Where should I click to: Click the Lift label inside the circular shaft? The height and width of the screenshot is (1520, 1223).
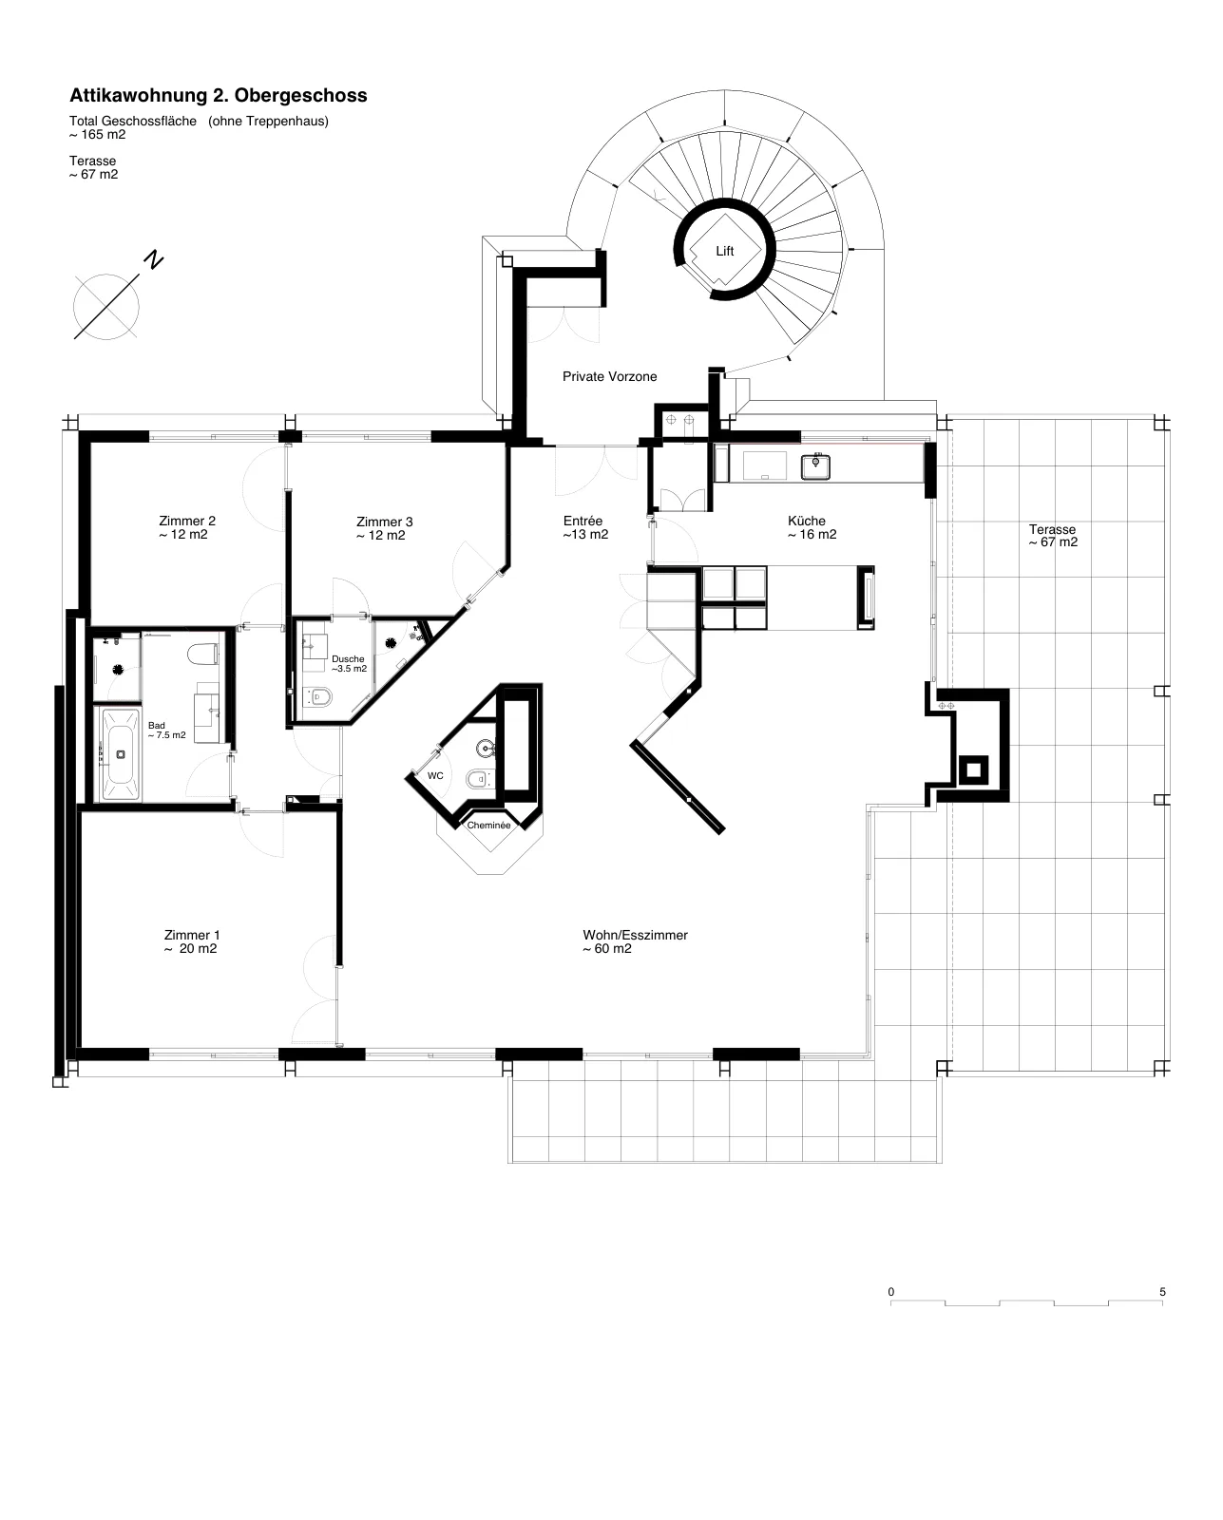point(724,251)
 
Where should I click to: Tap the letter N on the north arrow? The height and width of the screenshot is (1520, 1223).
point(153,259)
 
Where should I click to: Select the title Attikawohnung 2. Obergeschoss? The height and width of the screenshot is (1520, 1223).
point(219,95)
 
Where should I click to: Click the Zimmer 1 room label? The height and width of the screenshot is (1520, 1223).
point(191,941)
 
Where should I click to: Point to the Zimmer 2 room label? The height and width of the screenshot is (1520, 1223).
point(186,527)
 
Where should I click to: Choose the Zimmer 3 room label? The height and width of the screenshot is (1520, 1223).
point(384,528)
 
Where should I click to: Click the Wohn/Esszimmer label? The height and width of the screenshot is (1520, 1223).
point(635,941)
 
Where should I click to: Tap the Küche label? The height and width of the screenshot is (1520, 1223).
point(812,527)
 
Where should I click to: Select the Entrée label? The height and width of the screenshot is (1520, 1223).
point(585,527)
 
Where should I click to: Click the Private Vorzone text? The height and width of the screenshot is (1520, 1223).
point(610,376)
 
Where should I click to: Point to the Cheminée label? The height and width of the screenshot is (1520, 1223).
point(488,825)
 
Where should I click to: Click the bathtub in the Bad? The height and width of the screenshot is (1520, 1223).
point(121,754)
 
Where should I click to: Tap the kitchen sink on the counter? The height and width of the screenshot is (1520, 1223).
point(815,466)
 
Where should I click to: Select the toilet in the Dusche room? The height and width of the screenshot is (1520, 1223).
point(321,697)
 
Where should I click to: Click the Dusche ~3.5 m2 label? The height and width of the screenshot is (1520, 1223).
point(349,664)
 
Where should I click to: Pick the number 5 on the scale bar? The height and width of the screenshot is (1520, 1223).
point(1162,1292)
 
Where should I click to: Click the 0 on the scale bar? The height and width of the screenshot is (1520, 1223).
point(891,1292)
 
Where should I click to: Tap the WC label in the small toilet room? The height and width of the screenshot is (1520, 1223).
point(435,775)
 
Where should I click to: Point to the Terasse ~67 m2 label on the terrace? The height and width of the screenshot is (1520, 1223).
point(1053,536)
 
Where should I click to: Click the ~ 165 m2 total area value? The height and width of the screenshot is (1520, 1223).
point(98,134)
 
